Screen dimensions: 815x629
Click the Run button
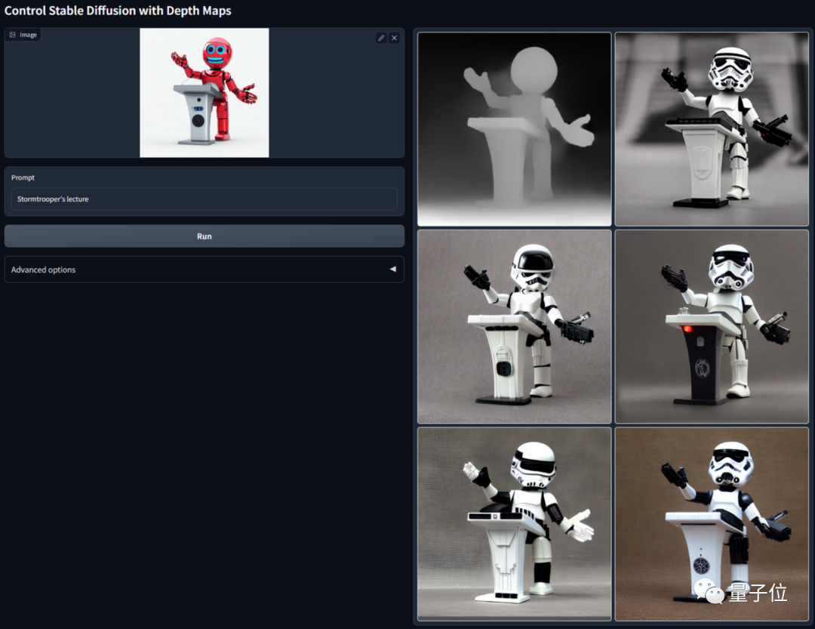(205, 236)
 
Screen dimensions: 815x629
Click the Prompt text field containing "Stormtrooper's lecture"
(205, 199)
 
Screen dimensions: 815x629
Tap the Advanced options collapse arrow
(393, 269)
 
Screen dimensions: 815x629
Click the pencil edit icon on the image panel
(381, 38)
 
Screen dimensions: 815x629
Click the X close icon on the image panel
(395, 38)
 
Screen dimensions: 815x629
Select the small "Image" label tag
(23, 35)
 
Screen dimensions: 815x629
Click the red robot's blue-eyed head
(217, 53)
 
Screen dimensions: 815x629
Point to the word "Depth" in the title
(183, 11)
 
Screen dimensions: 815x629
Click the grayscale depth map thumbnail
(514, 129)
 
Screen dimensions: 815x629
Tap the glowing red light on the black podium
(687, 328)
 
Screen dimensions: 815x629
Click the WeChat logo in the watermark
(709, 591)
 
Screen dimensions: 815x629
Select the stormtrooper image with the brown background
(712, 524)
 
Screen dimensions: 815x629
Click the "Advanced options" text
(43, 270)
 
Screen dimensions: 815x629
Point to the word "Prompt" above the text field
(23, 177)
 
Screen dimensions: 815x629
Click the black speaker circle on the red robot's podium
(198, 121)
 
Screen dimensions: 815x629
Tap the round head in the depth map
(534, 71)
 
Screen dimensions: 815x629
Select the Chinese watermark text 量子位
(758, 593)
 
